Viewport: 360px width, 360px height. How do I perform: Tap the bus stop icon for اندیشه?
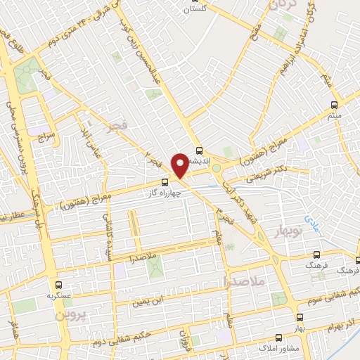pos(200,150)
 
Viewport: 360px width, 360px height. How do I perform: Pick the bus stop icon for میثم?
pos(335,106)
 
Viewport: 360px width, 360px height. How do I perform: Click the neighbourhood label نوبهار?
pos(288,232)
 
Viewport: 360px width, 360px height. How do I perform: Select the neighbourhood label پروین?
pos(69,316)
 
